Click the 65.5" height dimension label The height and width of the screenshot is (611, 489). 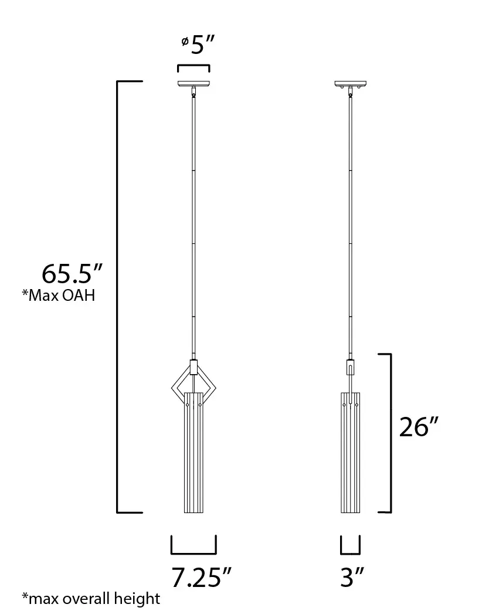pos(72,274)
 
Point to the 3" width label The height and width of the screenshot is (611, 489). pos(353,578)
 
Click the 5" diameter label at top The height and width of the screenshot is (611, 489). pos(200,45)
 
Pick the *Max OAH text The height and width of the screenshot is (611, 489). pos(59,296)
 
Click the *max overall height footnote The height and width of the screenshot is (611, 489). pos(91,598)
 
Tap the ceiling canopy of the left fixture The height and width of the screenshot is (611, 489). pos(193,83)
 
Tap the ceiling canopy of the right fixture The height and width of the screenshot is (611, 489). pos(350,83)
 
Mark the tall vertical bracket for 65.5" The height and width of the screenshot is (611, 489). pos(119,296)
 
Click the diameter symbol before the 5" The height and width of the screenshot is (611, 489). pos(184,41)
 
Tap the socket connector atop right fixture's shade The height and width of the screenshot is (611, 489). pos(350,367)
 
